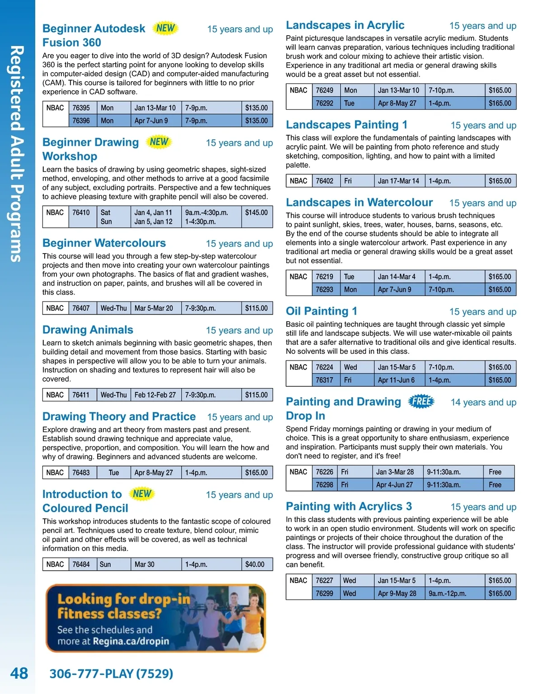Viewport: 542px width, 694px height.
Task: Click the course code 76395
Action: [81, 108]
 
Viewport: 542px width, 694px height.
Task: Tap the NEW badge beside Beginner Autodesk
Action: [165, 28]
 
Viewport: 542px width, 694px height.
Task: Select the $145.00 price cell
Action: [257, 213]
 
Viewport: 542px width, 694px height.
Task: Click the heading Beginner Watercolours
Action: [104, 243]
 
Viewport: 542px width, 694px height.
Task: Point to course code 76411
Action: [81, 395]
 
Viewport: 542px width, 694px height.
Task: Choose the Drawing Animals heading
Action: [88, 330]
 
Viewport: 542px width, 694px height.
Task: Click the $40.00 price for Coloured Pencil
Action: [255, 564]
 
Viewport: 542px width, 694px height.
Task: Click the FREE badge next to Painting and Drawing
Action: [421, 401]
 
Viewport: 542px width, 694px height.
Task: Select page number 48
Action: [19, 674]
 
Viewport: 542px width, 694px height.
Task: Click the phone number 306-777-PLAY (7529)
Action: [111, 674]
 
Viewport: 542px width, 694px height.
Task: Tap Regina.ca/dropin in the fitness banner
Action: [131, 641]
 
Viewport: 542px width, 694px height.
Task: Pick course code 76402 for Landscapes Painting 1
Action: [325, 181]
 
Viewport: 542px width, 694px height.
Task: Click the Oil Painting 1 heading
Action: [321, 311]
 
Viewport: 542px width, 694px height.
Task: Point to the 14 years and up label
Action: [483, 403]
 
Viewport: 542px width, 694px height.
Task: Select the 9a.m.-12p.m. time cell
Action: [448, 594]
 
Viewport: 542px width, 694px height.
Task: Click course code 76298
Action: [325, 485]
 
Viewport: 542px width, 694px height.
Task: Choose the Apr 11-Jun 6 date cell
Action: [396, 380]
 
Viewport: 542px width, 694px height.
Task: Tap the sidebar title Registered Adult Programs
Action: [17, 153]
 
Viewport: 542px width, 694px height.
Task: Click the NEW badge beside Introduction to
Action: [142, 494]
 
